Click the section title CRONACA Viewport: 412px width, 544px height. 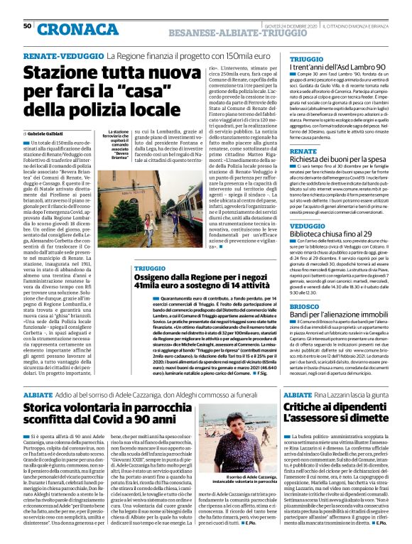(79, 30)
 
